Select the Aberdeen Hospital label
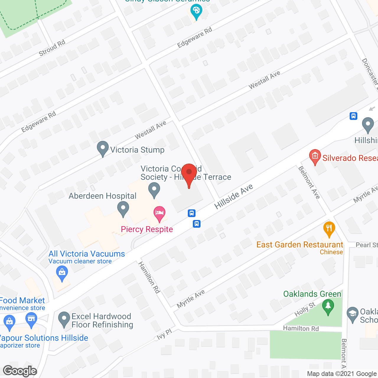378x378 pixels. coord(102,196)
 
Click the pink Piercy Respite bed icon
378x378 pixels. coord(159,213)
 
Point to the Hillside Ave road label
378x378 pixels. coord(234,196)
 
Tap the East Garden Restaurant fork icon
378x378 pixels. coord(329,229)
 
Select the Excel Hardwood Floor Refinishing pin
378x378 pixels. coord(64,319)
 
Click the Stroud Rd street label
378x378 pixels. coord(52,48)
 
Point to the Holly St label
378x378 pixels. coord(305,309)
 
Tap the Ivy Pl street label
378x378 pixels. coord(164,334)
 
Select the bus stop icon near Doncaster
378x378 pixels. coord(353,116)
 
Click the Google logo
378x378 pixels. coord(20,371)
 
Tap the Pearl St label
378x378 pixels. coord(366,245)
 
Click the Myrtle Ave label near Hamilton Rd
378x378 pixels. coord(191,299)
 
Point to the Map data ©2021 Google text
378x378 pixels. coord(342,374)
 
